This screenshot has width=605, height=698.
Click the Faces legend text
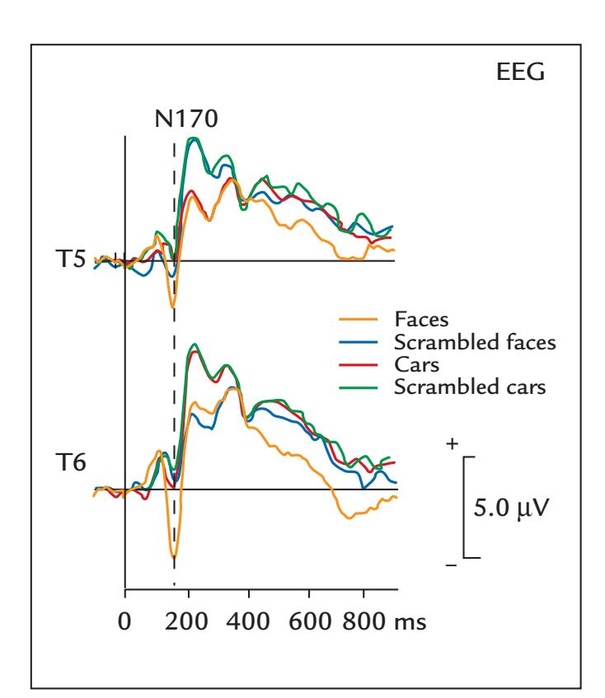(419, 316)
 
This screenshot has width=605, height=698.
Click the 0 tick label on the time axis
(124, 622)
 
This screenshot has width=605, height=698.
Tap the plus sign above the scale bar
(451, 444)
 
